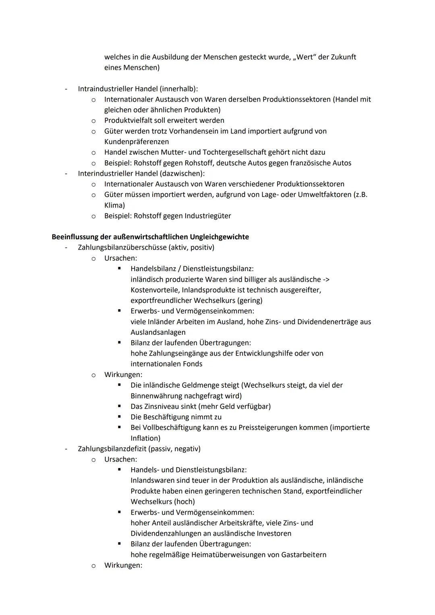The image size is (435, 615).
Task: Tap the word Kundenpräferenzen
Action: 137,142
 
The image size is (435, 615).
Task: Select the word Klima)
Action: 114,205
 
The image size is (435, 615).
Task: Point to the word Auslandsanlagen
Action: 158,332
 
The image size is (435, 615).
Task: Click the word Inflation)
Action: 145,438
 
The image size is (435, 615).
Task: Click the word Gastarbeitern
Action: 304,555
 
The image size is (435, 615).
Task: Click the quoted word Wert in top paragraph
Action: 305,57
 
